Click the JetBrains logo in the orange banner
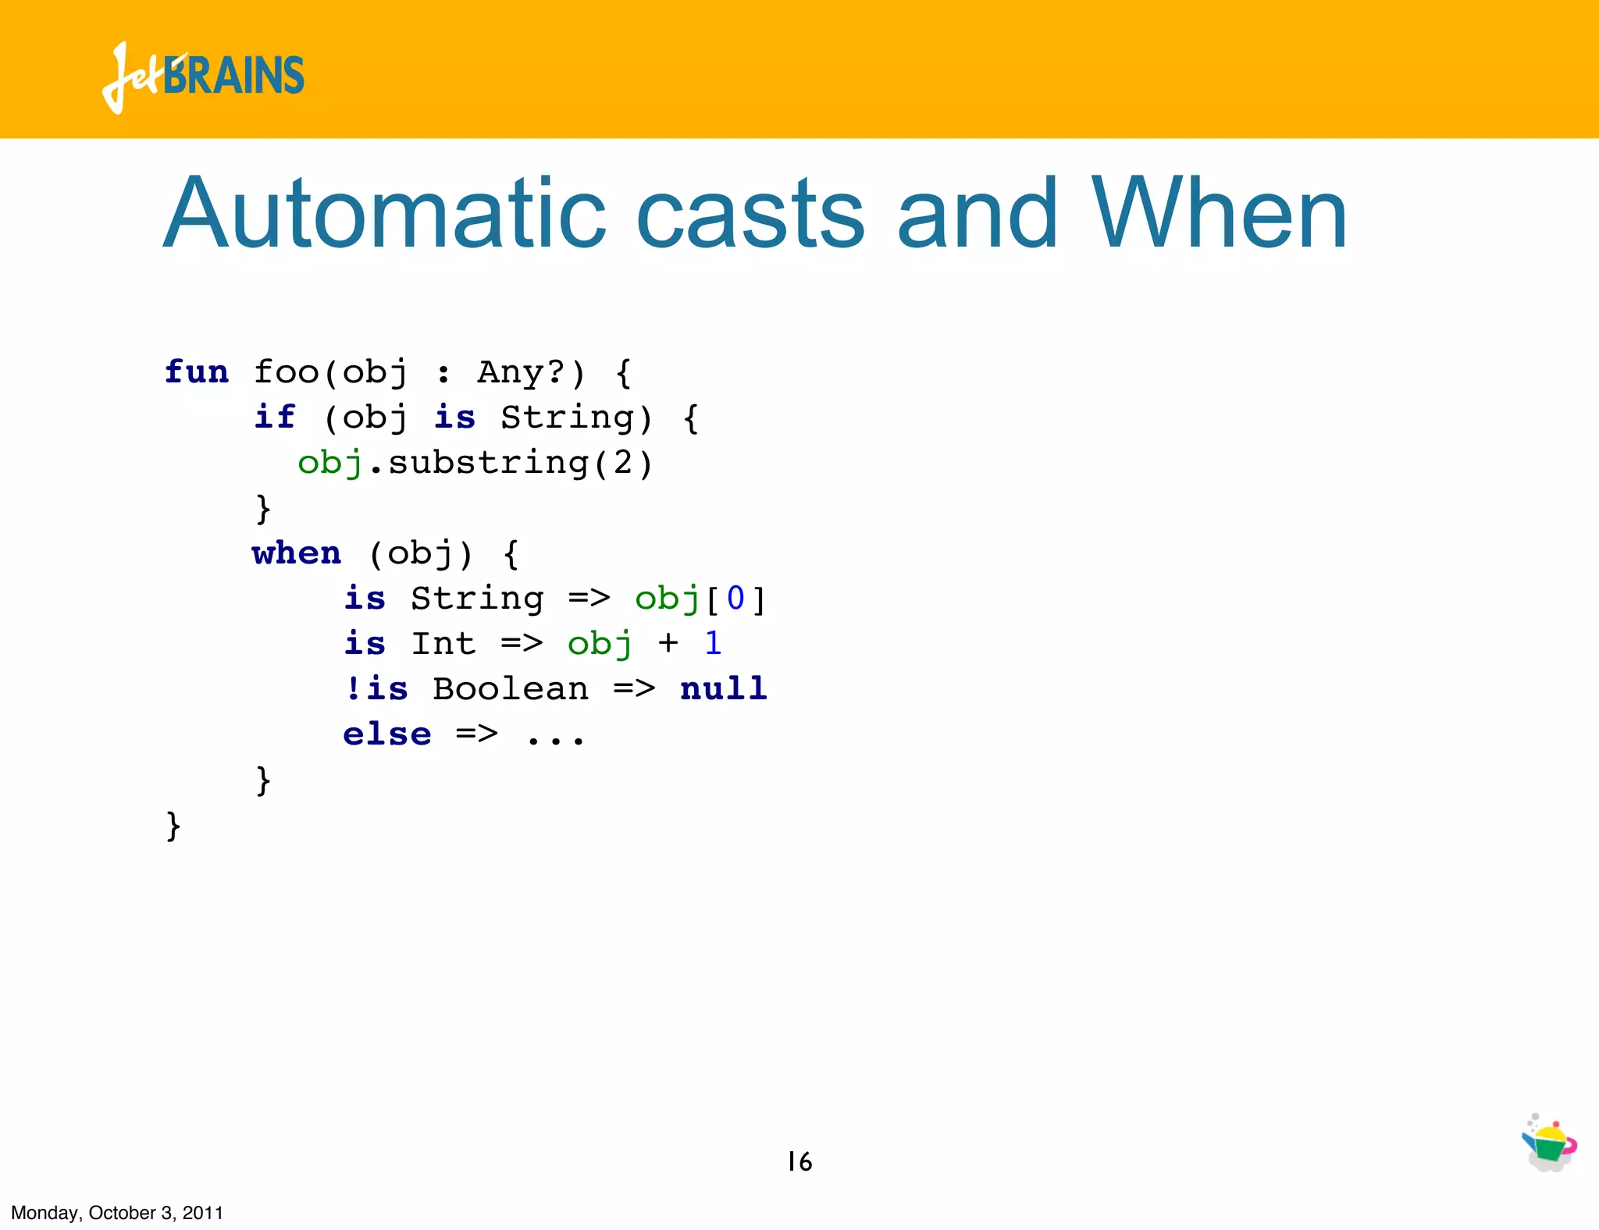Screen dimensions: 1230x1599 203,76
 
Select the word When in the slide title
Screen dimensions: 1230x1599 1219,214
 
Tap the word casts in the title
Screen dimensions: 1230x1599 750,215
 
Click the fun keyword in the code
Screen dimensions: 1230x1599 197,372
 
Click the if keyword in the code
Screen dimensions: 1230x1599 275,418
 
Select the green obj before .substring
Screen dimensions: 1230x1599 330,464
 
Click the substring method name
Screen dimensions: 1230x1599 488,464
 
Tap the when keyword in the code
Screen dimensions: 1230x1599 297,553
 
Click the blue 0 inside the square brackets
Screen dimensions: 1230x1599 735,599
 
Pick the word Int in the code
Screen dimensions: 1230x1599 443,645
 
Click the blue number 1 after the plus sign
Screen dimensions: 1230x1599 713,644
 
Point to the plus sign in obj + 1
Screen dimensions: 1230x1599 668,644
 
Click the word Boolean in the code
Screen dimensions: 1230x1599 511,690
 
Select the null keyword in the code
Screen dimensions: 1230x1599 724,690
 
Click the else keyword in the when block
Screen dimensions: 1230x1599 387,735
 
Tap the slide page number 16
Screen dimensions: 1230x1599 799,1162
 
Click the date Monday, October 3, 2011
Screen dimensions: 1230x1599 117,1213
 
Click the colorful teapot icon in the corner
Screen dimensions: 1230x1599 1549,1144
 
